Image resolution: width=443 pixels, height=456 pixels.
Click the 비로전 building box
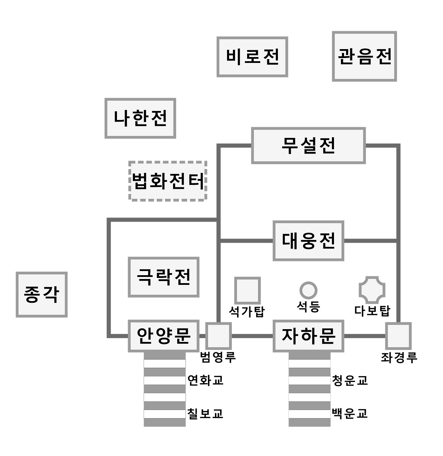tap(252, 57)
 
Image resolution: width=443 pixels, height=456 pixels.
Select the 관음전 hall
tap(364, 56)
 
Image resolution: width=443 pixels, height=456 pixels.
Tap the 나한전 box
tap(140, 118)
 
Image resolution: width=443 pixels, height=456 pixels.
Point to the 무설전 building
tap(308, 146)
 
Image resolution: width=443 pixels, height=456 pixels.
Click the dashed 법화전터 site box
tap(168, 181)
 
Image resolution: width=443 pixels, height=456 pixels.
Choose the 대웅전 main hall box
tap(308, 241)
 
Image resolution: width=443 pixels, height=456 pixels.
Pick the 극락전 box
tap(163, 277)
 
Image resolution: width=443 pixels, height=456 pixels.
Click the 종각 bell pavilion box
tap(42, 295)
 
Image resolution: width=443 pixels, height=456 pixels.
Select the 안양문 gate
tap(163, 336)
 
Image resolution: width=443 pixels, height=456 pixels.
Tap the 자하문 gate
tap(308, 336)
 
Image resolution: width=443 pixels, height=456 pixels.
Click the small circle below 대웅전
tap(308, 290)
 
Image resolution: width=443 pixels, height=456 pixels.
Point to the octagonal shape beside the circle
tap(372, 290)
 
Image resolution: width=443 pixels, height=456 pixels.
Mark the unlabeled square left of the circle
tap(247, 290)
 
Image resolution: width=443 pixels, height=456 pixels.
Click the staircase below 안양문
tap(165, 390)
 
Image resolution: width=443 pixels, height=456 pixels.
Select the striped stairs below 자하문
tap(309, 390)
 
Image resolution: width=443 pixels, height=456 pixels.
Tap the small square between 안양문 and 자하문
tap(218, 336)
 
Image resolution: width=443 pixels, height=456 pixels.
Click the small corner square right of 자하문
tap(398, 336)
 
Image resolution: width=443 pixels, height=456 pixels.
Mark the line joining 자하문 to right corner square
tap(365, 336)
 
